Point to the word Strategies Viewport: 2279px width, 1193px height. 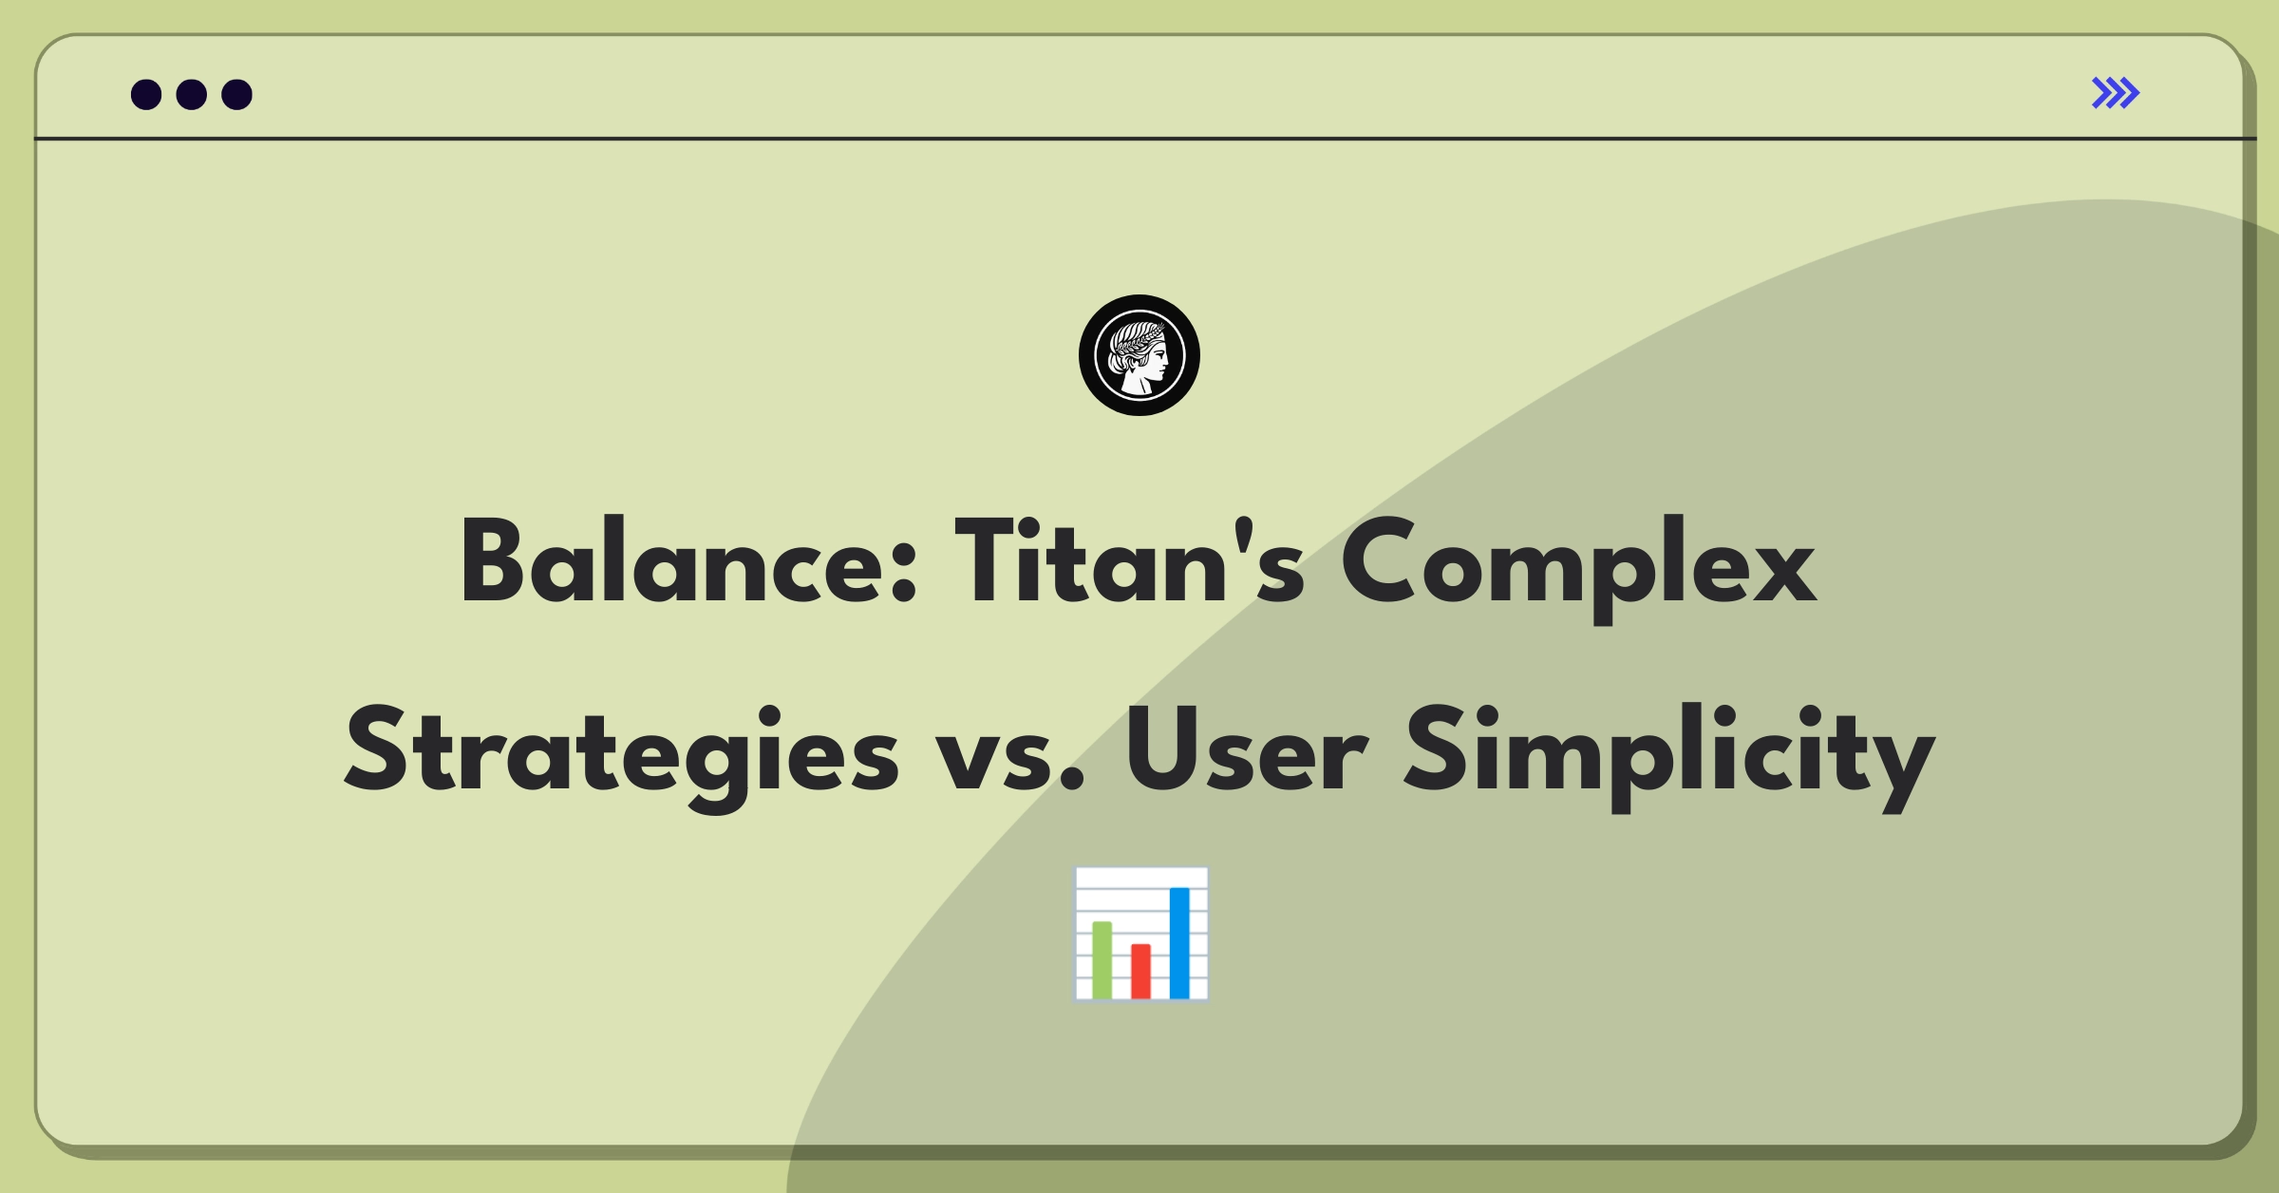(x=621, y=758)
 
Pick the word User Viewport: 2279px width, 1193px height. (x=1246, y=750)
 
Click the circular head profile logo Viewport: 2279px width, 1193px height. (x=1139, y=355)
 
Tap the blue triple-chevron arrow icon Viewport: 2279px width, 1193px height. (x=2116, y=93)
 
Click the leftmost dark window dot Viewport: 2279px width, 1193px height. (x=146, y=94)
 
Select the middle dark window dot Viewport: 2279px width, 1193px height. (x=192, y=94)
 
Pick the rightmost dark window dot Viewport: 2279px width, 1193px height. (x=237, y=94)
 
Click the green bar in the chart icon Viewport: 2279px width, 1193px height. (x=1102, y=959)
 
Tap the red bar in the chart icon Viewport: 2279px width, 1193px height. (x=1140, y=971)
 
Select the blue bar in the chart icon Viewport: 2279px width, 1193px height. (x=1179, y=942)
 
